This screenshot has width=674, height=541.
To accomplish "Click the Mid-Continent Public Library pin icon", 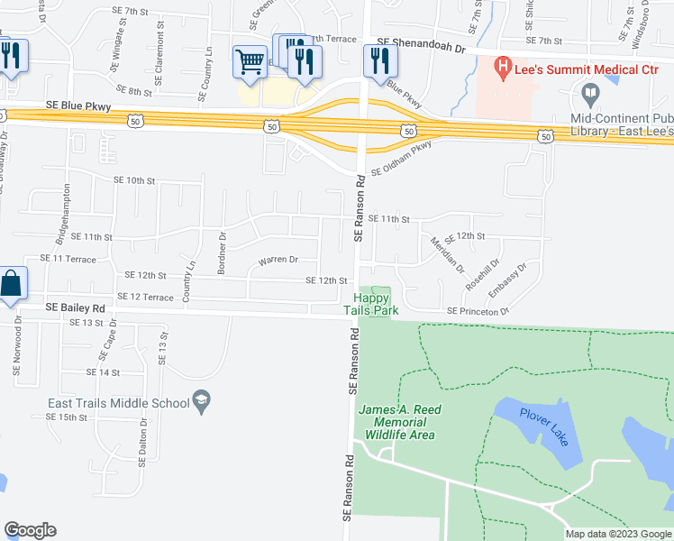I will click(x=590, y=93).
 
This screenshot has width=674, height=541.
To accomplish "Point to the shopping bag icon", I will click(x=11, y=284).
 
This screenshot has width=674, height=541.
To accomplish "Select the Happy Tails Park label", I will click(x=370, y=305).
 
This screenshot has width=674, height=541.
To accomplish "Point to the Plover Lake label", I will click(x=544, y=426).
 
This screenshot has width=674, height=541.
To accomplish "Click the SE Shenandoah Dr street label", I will click(x=423, y=41).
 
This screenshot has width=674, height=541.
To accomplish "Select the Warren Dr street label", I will click(x=278, y=261).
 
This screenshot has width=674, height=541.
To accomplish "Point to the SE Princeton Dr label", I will click(x=478, y=312).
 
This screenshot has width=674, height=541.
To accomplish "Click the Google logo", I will click(x=30, y=530).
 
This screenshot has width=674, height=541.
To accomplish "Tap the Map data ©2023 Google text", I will click(x=617, y=534).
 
